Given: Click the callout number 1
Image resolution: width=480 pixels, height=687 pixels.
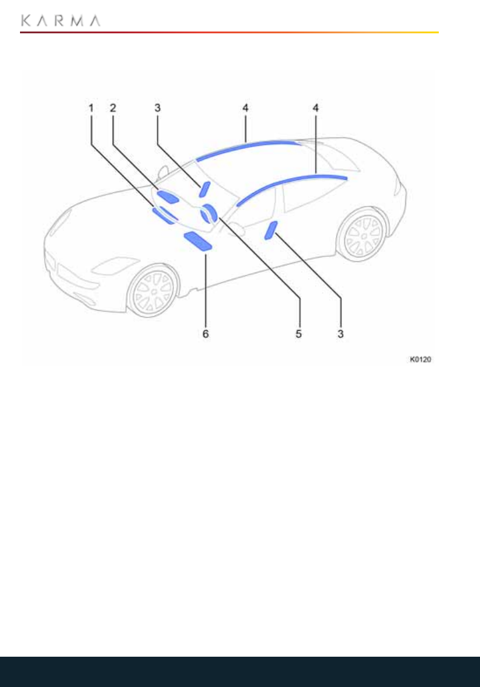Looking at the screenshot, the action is pos(92,108).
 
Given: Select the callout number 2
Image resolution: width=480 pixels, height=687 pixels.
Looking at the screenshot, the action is pos(113,108).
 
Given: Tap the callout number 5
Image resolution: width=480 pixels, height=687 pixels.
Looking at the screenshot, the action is pos(298,334).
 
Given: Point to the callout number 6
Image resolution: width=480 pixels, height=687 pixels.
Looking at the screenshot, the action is pos(205,334).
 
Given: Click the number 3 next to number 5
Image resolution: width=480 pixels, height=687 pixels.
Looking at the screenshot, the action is pos(341,334).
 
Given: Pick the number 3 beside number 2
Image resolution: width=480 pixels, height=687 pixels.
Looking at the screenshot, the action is pos(158,108).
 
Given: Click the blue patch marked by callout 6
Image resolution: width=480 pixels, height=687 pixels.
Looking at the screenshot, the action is pos(198,241).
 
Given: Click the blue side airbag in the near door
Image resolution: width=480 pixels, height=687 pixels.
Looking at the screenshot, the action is pos(270,230).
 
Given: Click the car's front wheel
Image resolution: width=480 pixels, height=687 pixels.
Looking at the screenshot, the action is pos(153,290).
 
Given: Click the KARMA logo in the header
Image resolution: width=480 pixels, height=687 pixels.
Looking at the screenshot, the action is pos(61,21).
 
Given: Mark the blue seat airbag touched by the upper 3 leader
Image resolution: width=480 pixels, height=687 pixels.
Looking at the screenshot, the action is pos(204,189).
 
